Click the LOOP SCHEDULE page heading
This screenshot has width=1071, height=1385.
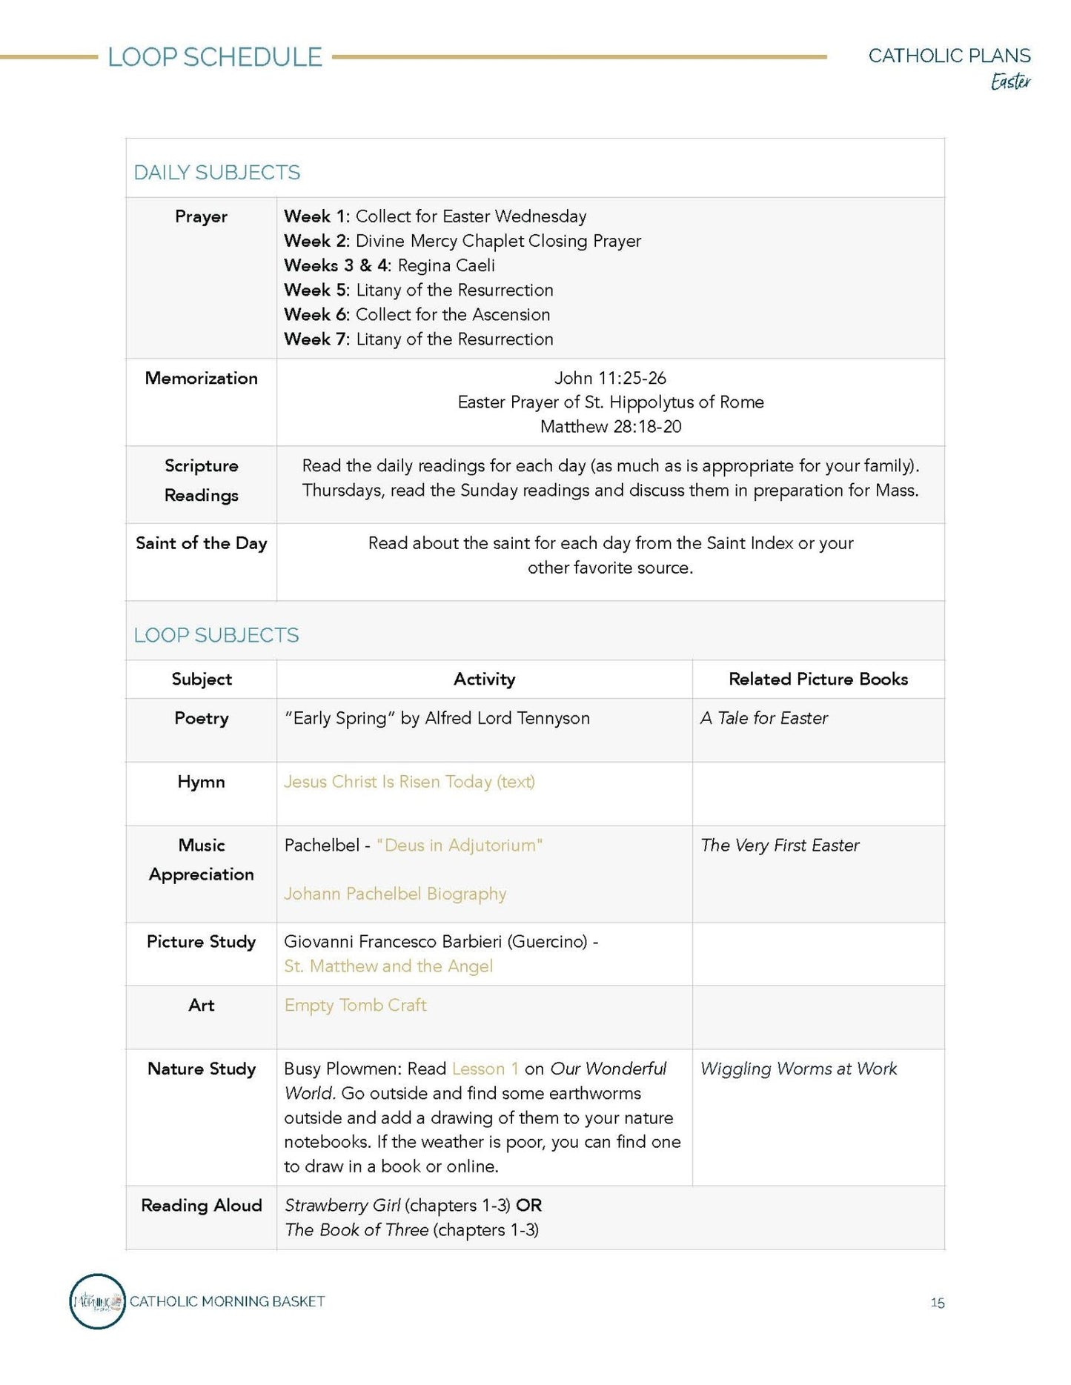click(215, 57)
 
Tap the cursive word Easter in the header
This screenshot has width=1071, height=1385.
click(1010, 81)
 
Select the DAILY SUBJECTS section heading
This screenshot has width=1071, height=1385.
click(216, 173)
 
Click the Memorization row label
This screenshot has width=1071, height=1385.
click(201, 378)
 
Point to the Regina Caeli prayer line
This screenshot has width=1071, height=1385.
click(389, 265)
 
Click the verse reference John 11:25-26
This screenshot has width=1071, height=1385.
click(610, 378)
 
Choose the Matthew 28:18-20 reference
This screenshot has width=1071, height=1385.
click(610, 427)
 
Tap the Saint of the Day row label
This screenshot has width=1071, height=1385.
click(201, 543)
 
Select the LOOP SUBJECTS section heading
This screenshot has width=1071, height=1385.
click(216, 635)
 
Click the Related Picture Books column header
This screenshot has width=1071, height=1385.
click(818, 679)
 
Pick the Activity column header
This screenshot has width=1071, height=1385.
click(484, 679)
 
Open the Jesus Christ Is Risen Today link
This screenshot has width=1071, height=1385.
click(409, 782)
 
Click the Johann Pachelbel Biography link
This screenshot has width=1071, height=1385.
click(395, 894)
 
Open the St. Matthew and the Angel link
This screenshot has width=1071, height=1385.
click(388, 966)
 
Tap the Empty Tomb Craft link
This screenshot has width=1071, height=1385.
click(355, 1006)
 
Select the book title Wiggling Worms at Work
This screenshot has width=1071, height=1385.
click(798, 1069)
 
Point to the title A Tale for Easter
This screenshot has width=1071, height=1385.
click(763, 718)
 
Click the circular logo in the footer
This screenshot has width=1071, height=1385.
click(97, 1301)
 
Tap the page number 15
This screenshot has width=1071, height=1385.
click(937, 1303)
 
